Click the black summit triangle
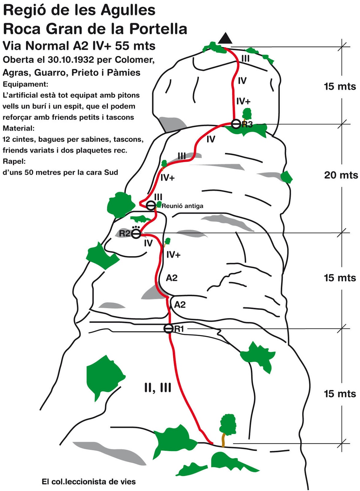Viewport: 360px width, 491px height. point(225,38)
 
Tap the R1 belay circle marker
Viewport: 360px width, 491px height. point(168,328)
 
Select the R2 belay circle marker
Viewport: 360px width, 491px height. point(136,234)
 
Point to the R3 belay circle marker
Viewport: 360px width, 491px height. point(236,124)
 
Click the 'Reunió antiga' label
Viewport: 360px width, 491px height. point(182,206)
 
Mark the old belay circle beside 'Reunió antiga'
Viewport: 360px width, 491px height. point(151,205)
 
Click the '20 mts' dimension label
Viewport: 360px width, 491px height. point(341,175)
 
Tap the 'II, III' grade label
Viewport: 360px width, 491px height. point(158,388)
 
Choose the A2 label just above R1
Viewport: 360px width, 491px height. point(180,305)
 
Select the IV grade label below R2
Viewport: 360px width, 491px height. point(148,243)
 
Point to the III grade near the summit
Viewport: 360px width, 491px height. point(245,59)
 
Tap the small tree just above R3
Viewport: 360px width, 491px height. point(247,114)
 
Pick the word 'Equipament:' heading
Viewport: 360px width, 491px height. point(25,84)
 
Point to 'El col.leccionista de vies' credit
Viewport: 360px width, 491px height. point(89,482)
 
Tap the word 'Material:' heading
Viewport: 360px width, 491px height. point(19,128)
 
